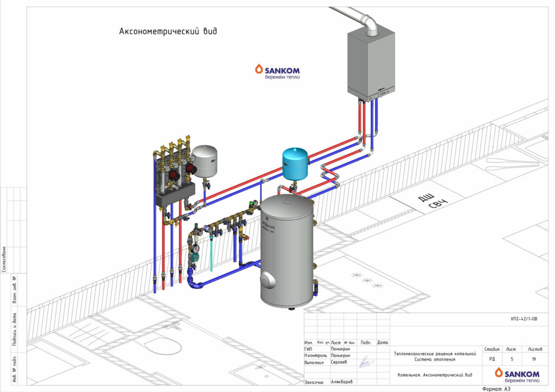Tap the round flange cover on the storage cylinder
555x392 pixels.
coord(267,280)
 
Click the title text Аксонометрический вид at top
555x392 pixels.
coord(168,31)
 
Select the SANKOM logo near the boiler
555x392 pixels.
coord(277,71)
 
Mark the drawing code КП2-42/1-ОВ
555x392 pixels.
coord(524,319)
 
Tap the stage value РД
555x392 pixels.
coord(492,358)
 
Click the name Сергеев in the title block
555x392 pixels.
coord(339,362)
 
